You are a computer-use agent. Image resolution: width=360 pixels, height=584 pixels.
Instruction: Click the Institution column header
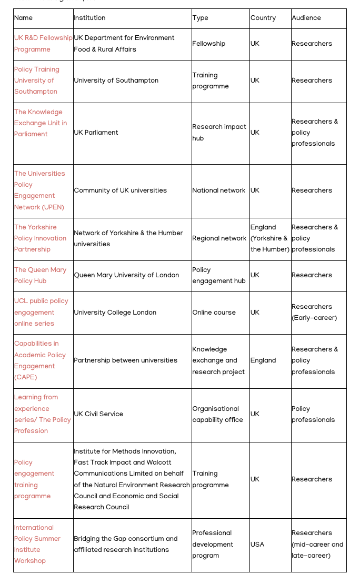tap(89, 18)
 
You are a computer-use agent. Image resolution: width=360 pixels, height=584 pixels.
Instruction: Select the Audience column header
tap(306, 18)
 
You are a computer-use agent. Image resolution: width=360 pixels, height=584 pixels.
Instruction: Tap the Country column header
tap(263, 18)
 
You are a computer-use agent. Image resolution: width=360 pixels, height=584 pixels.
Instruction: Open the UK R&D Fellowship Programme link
tap(43, 44)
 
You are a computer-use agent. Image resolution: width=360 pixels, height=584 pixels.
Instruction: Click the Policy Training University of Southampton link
tap(37, 80)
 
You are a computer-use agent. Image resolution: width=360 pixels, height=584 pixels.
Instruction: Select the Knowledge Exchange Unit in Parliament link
tap(41, 123)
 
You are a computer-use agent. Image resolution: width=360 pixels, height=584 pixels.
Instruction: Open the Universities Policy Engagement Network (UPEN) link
tap(39, 190)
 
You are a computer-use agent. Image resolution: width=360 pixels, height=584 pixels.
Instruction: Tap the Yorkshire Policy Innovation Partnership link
tap(41, 238)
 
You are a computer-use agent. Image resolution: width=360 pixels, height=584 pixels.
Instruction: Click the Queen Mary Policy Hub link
tap(41, 275)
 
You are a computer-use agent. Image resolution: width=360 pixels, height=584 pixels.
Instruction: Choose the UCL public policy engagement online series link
tap(41, 313)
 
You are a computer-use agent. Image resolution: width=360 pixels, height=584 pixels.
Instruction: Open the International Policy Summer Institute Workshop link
tap(37, 544)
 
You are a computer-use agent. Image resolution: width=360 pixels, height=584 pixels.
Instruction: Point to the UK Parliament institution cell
tap(96, 133)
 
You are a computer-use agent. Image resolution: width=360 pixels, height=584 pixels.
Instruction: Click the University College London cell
tap(115, 313)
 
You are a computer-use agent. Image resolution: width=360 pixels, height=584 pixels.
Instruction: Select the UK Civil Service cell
tap(98, 414)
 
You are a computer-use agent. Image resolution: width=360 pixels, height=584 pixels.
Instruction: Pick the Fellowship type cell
tap(209, 44)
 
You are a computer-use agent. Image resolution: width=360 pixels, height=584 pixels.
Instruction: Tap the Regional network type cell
tap(219, 238)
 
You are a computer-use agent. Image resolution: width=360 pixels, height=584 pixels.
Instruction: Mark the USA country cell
tap(258, 545)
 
